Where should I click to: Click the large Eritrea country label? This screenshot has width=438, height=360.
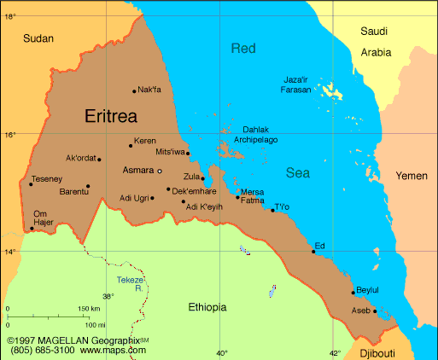(x=120, y=116)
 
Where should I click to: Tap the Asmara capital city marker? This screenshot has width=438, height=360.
(x=159, y=171)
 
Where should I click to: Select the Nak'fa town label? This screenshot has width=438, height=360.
(x=149, y=90)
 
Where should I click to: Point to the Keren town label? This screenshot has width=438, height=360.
(x=146, y=141)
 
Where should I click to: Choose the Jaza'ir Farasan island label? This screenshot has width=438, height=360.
(x=301, y=84)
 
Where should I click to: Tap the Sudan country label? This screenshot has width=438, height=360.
(x=38, y=38)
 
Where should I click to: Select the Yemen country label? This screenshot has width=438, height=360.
(x=411, y=176)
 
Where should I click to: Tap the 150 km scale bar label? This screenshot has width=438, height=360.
(x=89, y=308)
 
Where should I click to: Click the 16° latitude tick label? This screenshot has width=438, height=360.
(x=9, y=135)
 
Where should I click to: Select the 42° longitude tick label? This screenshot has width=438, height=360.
(x=335, y=352)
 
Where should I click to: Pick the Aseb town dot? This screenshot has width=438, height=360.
(x=375, y=311)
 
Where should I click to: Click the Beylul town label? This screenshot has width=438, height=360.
(x=366, y=289)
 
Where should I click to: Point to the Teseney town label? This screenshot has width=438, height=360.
(x=46, y=179)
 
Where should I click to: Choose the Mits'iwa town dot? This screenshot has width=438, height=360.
(x=188, y=154)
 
